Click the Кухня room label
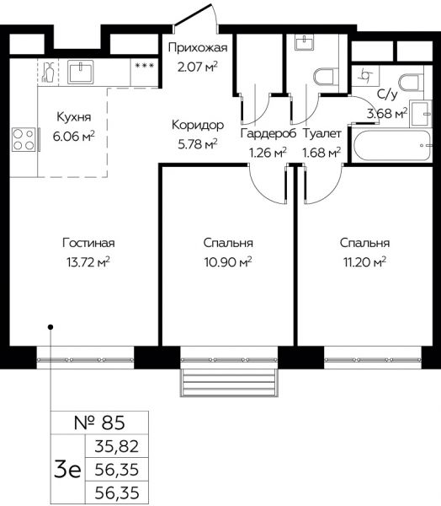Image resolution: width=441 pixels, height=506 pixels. pos(74,116)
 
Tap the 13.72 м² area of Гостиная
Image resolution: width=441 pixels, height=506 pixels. pos(88,261)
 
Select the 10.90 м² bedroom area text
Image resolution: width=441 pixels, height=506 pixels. pos(228,261)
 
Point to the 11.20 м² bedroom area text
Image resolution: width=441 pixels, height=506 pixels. pos(364,261)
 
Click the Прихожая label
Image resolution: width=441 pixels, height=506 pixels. pos(198,48)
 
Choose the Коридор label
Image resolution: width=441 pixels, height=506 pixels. pos(198,125)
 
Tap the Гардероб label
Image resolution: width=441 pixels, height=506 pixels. pos(268,133)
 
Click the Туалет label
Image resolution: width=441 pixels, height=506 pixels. pos(321,133)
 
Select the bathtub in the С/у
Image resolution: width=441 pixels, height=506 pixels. pos(392,146)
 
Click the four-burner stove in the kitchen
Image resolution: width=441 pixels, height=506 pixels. pos(24,139)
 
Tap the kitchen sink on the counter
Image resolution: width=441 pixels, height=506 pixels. pos(80,72)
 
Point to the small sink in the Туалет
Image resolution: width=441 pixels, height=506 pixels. pos(304,42)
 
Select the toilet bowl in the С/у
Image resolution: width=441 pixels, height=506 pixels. pos(411,83)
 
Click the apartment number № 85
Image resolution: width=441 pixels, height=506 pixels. pos(99,423)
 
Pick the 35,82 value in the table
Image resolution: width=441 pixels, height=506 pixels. pos(117,446)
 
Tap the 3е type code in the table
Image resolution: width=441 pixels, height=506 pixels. pos(67,470)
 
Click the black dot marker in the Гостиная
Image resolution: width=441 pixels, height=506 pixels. pos(50,327)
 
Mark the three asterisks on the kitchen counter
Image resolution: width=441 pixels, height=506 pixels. pos(145,66)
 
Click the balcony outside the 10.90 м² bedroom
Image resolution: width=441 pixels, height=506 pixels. pos(229,382)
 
